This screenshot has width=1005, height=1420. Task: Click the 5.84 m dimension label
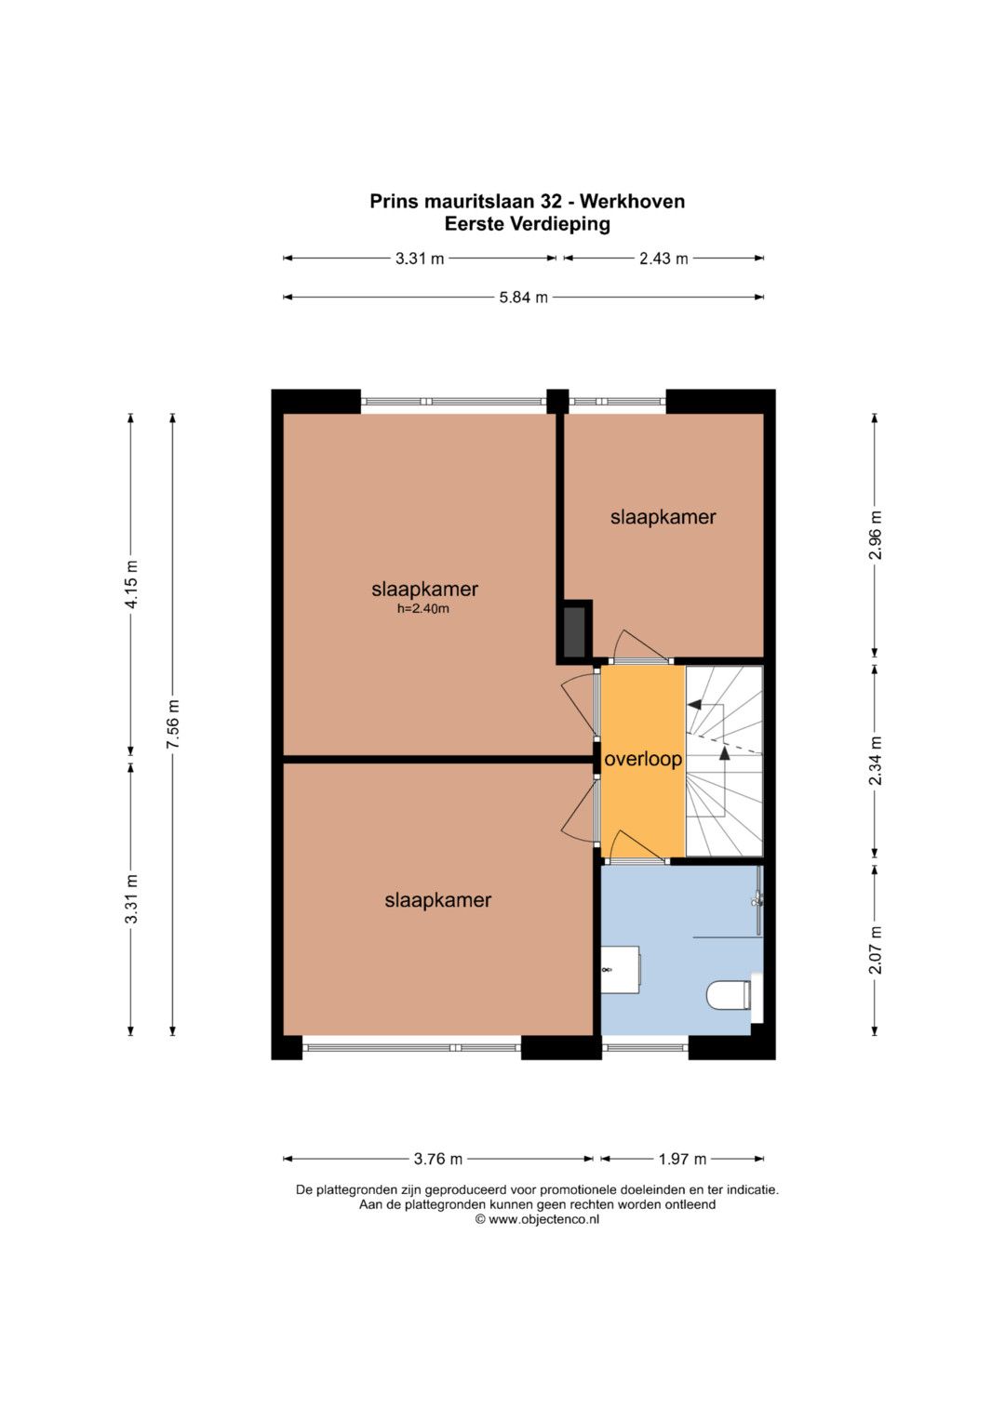(x=523, y=298)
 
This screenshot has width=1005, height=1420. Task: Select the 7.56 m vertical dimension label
(x=173, y=723)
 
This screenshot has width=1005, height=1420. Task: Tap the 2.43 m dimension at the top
(x=663, y=259)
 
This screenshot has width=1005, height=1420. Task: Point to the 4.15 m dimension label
(x=131, y=585)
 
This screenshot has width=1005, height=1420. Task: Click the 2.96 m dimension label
(x=876, y=535)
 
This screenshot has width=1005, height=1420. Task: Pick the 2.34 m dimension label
(x=876, y=761)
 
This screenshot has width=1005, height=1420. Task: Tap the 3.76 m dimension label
(x=437, y=1160)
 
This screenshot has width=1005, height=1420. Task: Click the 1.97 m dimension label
(x=682, y=1160)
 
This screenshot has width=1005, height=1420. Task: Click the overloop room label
(x=643, y=760)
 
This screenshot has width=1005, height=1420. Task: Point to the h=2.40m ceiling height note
(x=423, y=609)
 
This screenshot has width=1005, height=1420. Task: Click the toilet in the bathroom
(x=730, y=995)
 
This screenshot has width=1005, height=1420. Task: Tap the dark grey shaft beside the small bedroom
(x=574, y=632)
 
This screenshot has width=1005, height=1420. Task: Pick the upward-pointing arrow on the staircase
(x=725, y=752)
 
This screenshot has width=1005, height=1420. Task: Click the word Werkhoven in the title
(x=633, y=202)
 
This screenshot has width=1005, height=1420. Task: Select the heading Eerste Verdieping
(x=528, y=224)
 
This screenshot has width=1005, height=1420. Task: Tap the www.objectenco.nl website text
(x=543, y=1219)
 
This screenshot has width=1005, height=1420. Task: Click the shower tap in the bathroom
(x=757, y=899)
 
